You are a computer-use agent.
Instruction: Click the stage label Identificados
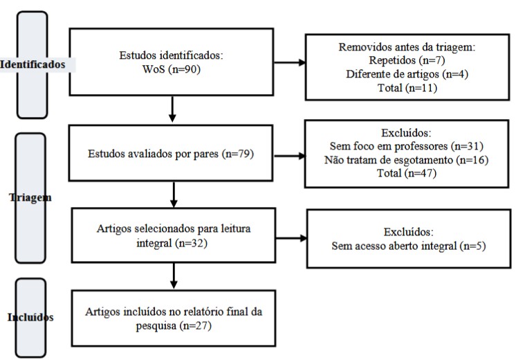coord(33,64)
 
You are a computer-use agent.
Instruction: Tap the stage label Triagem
coord(30,197)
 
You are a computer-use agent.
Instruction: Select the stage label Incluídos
coord(30,317)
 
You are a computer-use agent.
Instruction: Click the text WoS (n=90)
coord(171,69)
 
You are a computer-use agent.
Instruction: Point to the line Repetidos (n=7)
coord(407,60)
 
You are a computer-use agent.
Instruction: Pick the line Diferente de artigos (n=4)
coord(407,74)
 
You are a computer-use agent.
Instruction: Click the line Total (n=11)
coord(407,88)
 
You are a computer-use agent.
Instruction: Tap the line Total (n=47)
coord(407,173)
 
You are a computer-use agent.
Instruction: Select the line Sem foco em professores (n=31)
coord(407,146)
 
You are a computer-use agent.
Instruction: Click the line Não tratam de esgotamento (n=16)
coord(407,160)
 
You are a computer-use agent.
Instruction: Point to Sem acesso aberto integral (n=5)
coord(409,246)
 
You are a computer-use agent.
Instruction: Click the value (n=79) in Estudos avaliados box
coord(238,154)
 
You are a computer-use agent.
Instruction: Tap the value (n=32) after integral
coord(191,244)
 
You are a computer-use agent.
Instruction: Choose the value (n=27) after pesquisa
coord(195,326)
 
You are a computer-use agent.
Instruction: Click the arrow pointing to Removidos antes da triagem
coord(290,62)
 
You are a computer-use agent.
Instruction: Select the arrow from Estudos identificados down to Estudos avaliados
coord(172,109)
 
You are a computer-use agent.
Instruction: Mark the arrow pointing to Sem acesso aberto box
coord(291,238)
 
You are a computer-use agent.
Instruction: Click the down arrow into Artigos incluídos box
coord(174,276)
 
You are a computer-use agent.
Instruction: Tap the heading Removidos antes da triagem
coord(407,47)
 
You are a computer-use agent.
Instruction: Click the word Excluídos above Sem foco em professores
coord(406,133)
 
